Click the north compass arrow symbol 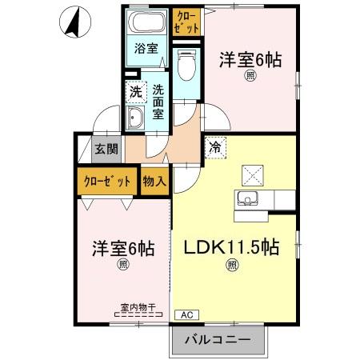[x=71, y=22]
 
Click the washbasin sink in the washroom [x=135, y=120]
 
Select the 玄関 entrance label [x=106, y=148]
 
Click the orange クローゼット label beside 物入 [x=107, y=181]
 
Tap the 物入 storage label [x=154, y=181]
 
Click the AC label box [x=187, y=314]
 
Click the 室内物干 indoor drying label [x=137, y=306]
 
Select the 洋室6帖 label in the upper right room [x=252, y=60]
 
